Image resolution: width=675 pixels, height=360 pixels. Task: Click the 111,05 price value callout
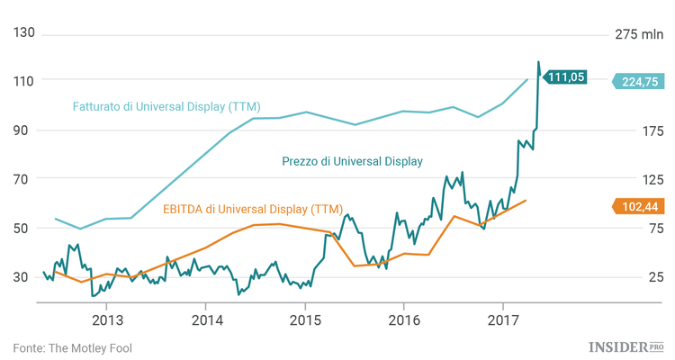coord(567,77)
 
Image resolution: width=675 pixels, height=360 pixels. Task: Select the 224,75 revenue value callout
coord(641,81)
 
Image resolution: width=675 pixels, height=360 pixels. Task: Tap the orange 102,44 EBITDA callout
coord(641,206)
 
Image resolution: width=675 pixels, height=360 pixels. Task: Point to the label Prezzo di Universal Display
coord(352,161)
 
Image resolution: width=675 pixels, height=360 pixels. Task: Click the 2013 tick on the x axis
coord(107,320)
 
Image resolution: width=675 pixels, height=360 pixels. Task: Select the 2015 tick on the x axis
coord(305,320)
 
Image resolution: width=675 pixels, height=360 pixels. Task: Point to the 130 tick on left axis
coord(23,33)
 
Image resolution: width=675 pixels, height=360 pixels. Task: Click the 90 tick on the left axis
coord(23,130)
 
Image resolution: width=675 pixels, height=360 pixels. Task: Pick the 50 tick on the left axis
coord(23,228)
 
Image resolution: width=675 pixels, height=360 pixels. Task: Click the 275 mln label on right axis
coord(638,33)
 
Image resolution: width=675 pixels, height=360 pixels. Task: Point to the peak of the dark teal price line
coord(538,62)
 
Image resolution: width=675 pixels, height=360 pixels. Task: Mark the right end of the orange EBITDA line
coord(526,200)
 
